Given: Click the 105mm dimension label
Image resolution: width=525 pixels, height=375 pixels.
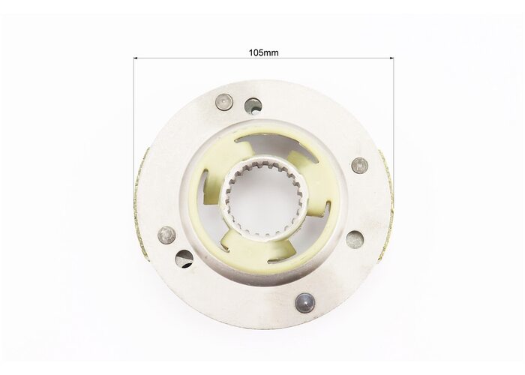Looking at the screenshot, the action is [263, 52].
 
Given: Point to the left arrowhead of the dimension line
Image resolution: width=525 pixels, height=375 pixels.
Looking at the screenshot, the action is [136, 58].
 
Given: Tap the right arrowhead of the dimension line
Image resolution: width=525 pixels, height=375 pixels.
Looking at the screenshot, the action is [391, 58].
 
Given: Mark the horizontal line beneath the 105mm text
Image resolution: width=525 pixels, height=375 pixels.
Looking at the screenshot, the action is [263, 58].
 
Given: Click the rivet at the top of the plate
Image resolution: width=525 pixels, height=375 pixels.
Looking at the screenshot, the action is [223, 102].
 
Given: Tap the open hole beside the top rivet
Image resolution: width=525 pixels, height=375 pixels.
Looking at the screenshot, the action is [253, 106].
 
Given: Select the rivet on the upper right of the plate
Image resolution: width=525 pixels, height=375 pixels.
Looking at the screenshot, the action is [360, 166].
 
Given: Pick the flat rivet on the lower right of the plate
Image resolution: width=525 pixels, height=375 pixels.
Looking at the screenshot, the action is [355, 239].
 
